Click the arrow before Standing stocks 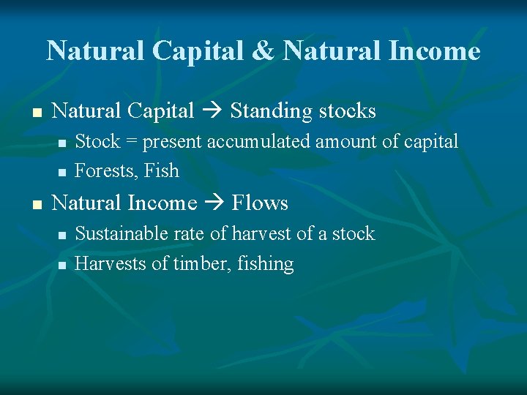pos(212,112)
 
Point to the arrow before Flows pos(214,203)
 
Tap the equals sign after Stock pos(132,141)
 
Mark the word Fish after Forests pos(162,171)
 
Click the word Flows pos(261,203)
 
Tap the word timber pos(195,264)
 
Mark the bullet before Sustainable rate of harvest pos(62,236)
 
